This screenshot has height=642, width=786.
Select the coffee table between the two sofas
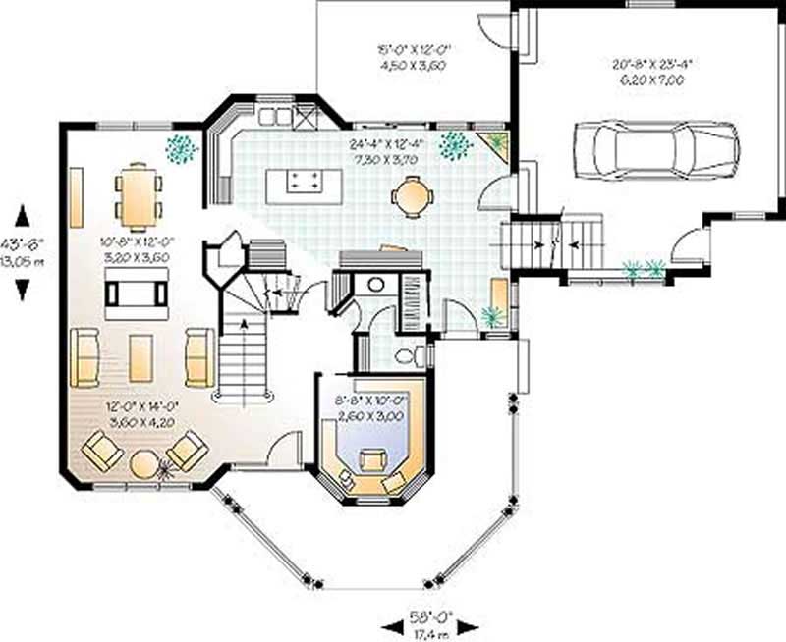coord(140,357)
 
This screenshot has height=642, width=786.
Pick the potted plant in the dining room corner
coord(181,148)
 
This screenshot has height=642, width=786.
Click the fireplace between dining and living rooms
coord(138,294)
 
